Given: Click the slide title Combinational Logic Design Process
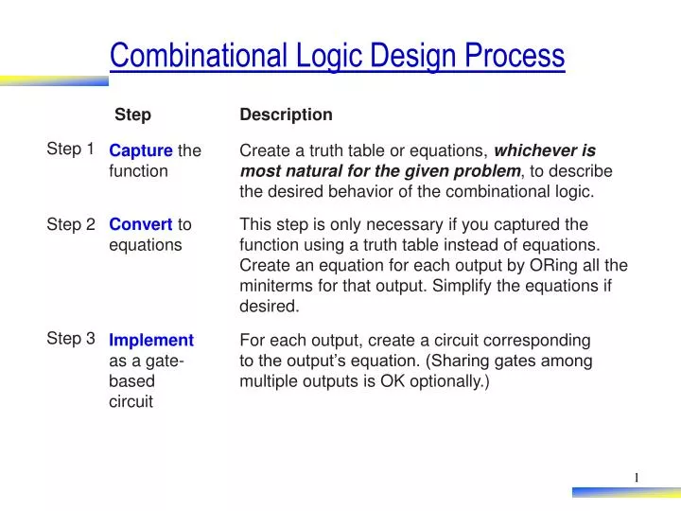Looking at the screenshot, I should (x=337, y=56).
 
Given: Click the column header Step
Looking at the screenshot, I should (x=132, y=115).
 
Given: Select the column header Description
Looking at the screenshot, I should (x=286, y=115).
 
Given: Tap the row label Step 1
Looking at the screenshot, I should (x=70, y=149).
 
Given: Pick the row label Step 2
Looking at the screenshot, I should (x=71, y=224).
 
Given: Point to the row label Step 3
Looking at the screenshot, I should (x=71, y=338).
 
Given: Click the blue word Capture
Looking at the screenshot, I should (x=141, y=150).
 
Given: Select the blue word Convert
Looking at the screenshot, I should (x=141, y=224).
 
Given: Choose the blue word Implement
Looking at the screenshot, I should (x=151, y=340).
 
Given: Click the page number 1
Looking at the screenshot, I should (x=637, y=477).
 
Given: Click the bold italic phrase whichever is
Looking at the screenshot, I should (x=545, y=150).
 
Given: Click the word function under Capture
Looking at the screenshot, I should (x=138, y=171).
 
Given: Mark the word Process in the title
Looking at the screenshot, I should (x=515, y=56).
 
